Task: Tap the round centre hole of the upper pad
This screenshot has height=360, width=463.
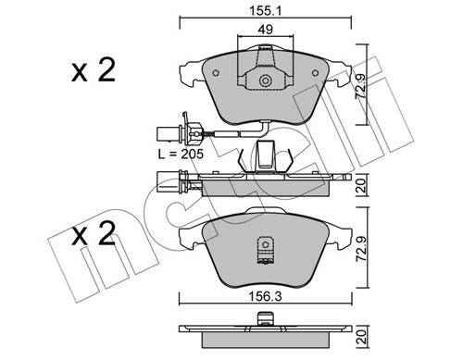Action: pyautogui.click(x=266, y=81)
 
